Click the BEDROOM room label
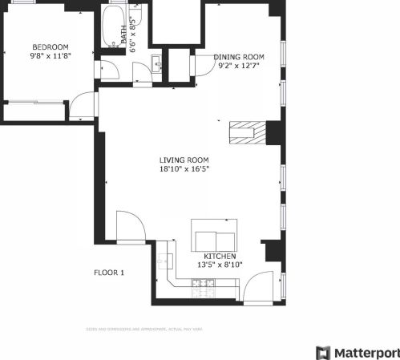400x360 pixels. [50, 47]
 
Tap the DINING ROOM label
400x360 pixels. [238, 56]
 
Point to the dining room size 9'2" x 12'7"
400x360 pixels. [238, 67]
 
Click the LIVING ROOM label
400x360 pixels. [184, 160]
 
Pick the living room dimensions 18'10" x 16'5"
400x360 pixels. [184, 169]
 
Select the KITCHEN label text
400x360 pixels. [220, 256]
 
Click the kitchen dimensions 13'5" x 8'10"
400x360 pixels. [220, 265]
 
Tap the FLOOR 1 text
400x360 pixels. [109, 273]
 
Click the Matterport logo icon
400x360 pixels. [323, 353]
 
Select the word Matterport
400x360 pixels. [366, 353]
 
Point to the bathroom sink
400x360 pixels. [156, 61]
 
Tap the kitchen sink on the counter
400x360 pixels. [166, 260]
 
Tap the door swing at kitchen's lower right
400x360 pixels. [261, 289]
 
